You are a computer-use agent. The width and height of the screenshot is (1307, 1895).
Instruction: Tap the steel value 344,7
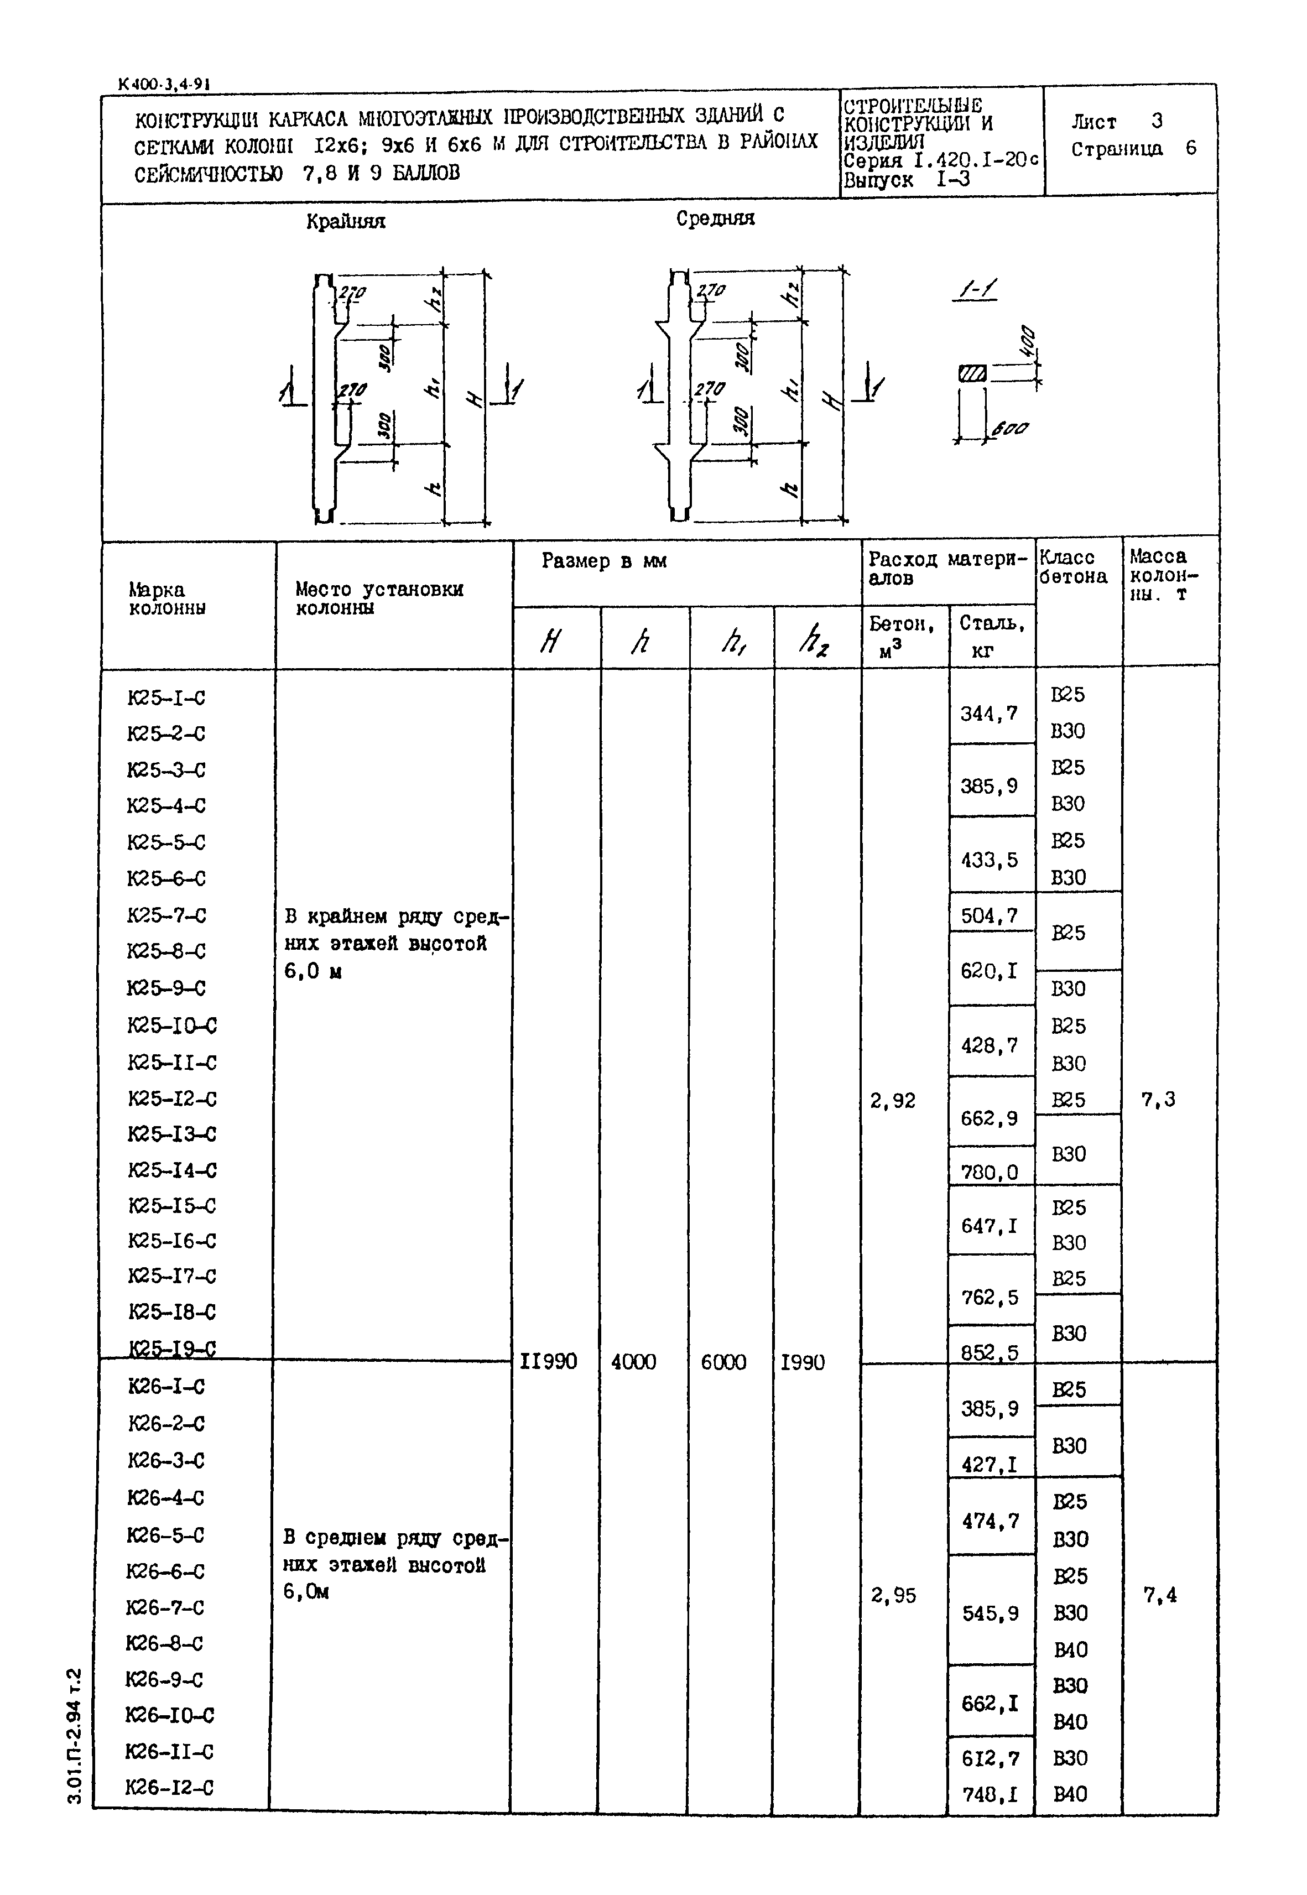tap(990, 714)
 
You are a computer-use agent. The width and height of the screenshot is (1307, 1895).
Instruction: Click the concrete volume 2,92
tap(893, 1101)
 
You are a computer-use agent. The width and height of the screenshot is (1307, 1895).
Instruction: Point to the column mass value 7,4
tap(1159, 1595)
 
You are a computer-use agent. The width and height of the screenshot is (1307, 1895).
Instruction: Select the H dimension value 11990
tap(548, 1361)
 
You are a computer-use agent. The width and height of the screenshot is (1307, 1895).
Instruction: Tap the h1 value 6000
tap(723, 1361)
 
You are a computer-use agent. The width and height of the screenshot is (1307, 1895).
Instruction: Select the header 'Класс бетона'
tap(1073, 567)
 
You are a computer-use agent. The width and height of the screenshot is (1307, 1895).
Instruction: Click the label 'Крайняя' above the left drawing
tap(346, 221)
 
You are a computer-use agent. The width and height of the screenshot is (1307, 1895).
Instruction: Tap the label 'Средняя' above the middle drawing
tap(715, 218)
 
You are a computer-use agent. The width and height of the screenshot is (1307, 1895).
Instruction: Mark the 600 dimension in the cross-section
tap(1010, 428)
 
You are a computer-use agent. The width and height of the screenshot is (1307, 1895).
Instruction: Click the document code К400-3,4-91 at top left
tap(164, 84)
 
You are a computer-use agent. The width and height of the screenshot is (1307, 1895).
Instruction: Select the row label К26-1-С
tap(166, 1387)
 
